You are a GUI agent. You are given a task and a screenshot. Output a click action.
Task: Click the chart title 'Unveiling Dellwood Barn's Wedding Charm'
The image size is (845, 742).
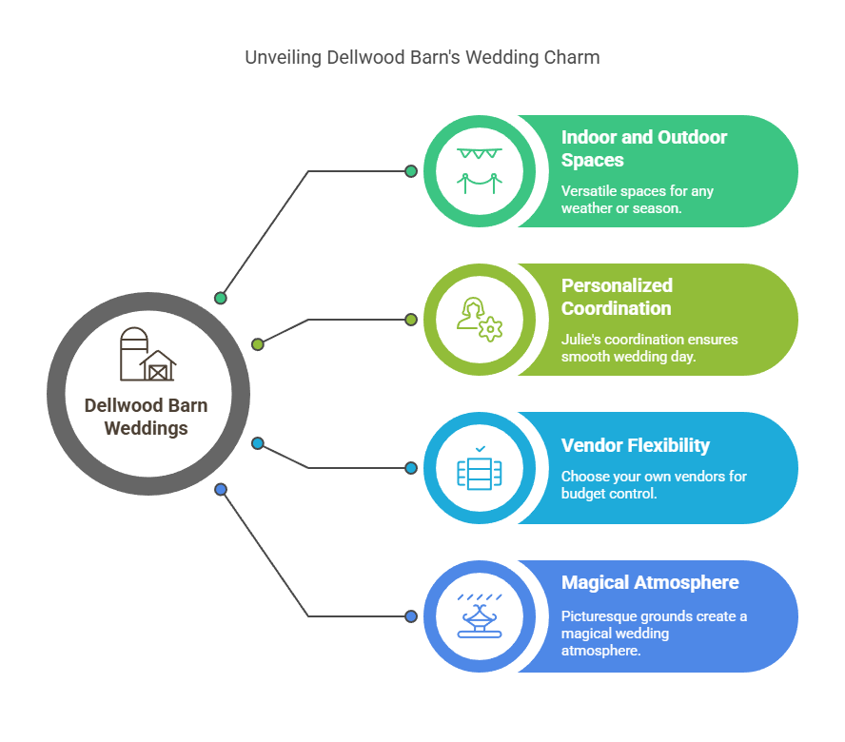[x=422, y=57]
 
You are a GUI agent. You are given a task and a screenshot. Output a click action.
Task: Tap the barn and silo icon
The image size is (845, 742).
[x=147, y=354]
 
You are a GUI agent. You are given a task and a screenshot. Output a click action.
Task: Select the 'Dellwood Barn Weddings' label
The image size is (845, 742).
[x=146, y=417]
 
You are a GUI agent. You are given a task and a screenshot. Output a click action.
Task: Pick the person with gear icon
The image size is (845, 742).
[x=479, y=319]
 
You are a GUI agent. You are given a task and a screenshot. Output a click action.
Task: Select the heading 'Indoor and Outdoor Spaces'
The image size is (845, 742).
[x=644, y=148]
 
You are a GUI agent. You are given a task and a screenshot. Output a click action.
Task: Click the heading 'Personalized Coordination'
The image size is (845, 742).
[x=617, y=297]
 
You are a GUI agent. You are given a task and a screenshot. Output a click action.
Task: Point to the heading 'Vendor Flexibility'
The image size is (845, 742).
[x=636, y=445]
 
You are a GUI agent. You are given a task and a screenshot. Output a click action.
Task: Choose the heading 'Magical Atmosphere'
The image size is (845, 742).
[x=650, y=582]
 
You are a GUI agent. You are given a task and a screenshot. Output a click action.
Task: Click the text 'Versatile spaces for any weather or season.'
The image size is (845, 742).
[x=637, y=200]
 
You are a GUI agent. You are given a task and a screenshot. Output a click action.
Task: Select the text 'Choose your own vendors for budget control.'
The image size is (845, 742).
[x=654, y=484]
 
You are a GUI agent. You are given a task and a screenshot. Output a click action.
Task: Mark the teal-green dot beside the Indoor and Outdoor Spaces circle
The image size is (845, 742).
[x=411, y=171]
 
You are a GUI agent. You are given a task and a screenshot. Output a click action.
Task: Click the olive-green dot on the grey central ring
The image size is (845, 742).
[x=258, y=343]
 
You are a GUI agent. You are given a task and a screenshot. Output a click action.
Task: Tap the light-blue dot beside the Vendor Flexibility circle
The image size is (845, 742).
[x=411, y=468]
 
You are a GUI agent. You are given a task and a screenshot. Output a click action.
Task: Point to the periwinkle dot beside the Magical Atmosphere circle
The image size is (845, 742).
[x=411, y=615]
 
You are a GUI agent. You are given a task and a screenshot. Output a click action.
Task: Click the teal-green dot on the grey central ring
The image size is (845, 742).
[x=221, y=298]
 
